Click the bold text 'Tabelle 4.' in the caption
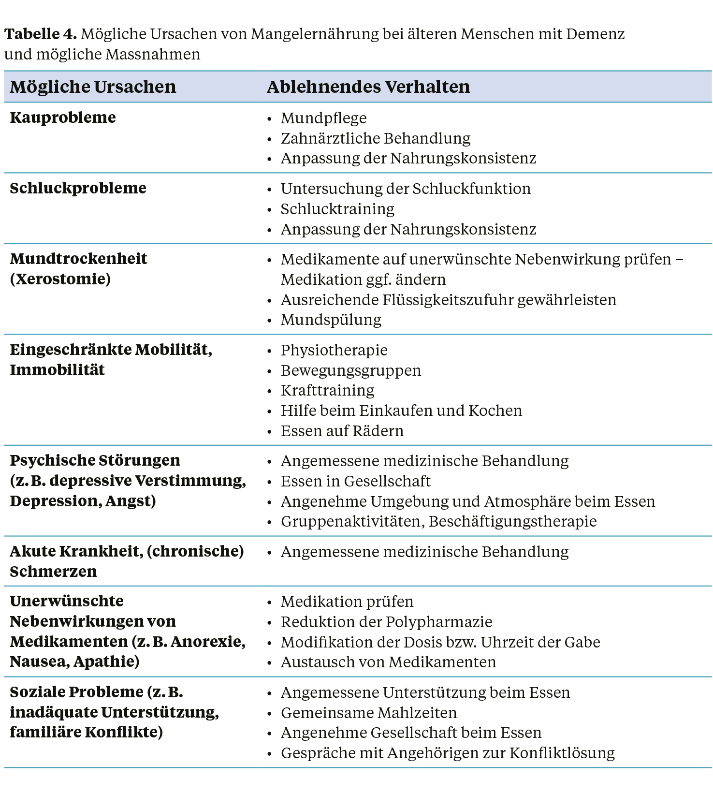point(41,34)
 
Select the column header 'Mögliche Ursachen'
point(93,87)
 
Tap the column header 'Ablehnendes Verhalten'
point(368,87)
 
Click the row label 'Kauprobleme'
point(63,118)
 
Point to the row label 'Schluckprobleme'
point(78,188)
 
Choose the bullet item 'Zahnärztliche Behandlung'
point(375,139)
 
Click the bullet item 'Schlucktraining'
point(337,209)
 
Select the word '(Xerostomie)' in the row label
point(60,279)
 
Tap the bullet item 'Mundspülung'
point(331,320)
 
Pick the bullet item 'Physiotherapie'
point(334,351)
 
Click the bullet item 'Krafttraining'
point(327,391)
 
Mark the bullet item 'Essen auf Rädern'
point(342,431)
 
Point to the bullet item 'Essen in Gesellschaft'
point(355,482)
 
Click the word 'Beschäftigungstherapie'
point(512,522)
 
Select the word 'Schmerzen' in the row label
point(53,572)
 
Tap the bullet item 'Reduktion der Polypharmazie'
point(386,622)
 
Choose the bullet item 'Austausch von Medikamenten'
point(388,662)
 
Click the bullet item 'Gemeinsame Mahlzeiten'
point(368,713)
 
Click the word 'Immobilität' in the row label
point(57,370)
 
